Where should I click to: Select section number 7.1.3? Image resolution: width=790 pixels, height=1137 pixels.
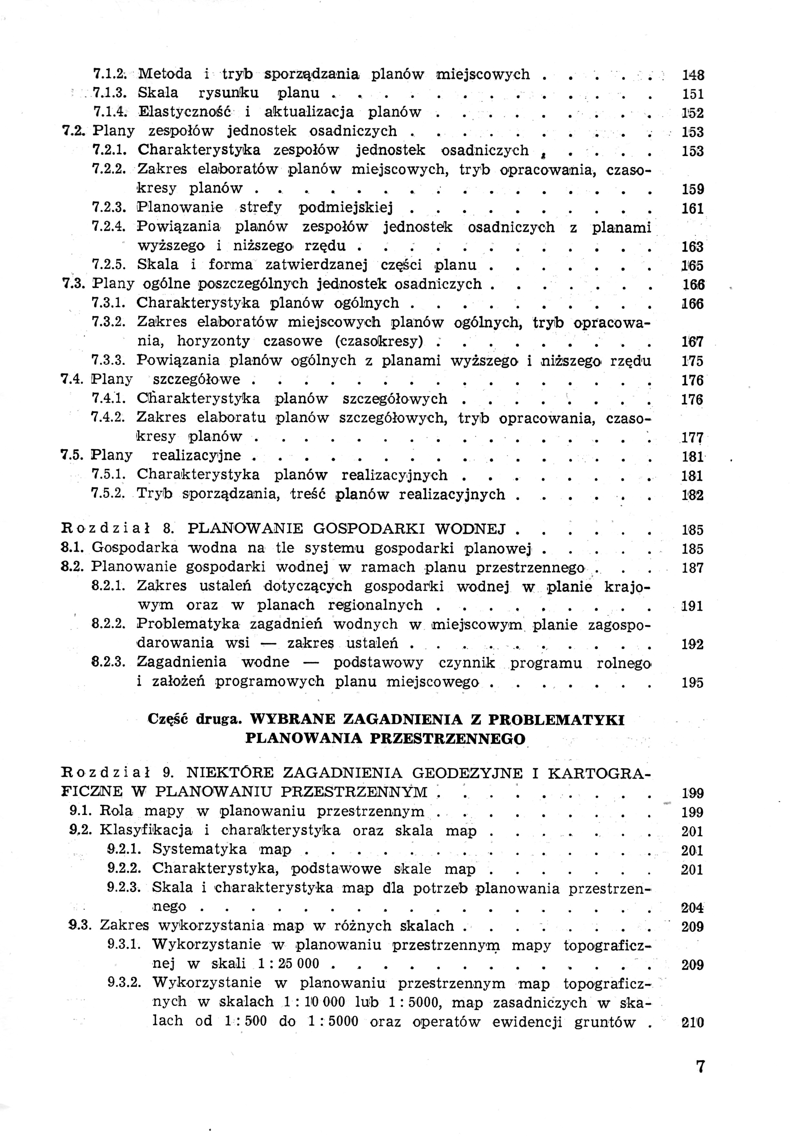coord(110,93)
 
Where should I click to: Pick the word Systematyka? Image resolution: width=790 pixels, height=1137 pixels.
coord(199,849)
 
